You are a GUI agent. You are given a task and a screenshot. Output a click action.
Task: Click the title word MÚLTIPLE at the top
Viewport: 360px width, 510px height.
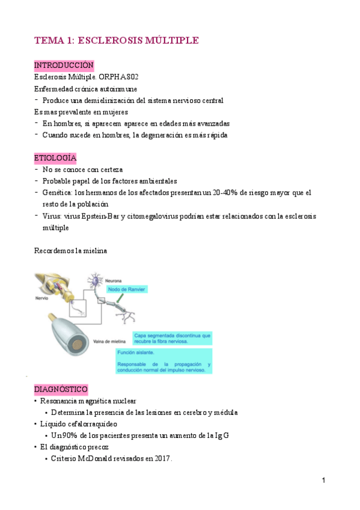[x=169, y=40]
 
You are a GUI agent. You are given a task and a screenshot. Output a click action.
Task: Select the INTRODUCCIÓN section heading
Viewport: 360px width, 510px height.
[x=63, y=65]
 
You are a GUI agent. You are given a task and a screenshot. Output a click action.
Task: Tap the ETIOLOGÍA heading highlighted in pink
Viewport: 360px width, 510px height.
[x=55, y=158]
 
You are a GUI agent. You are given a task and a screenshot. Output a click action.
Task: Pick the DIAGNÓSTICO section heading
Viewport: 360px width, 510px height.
[x=61, y=389]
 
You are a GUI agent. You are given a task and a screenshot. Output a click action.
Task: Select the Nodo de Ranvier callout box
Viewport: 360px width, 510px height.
[x=127, y=289]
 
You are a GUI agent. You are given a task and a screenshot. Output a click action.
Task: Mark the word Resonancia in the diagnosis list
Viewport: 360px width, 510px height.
[x=62, y=401]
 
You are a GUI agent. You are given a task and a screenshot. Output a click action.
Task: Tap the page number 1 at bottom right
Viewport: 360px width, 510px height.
[x=323, y=481]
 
